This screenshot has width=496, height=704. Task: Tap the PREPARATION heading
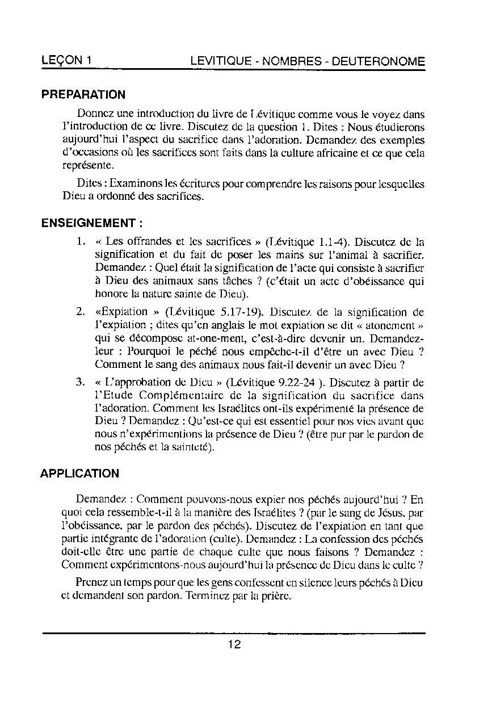click(x=83, y=95)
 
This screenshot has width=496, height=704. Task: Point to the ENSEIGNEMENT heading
click(x=91, y=223)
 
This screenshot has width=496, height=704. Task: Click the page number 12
click(x=234, y=644)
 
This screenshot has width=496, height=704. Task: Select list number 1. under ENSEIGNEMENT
click(x=81, y=241)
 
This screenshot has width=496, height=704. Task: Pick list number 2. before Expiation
click(x=81, y=312)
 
